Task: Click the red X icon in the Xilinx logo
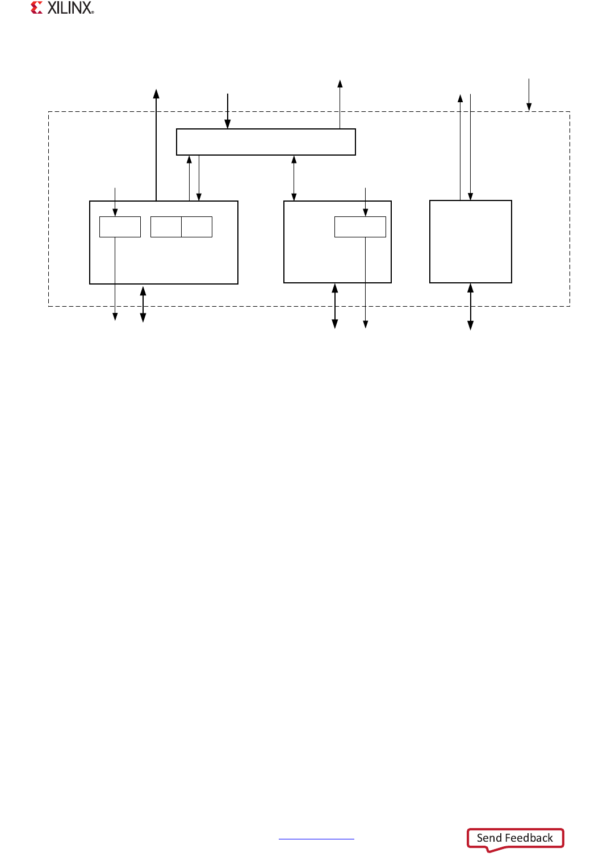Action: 37,8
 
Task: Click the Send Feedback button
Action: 514,838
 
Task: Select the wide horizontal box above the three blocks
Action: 266,142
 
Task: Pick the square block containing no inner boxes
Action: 471,241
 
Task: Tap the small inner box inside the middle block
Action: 360,227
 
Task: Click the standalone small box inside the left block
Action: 120,227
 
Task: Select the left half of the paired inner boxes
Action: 166,227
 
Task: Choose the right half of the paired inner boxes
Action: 197,227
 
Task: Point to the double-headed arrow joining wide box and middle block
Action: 294,178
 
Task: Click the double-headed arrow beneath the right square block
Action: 470,307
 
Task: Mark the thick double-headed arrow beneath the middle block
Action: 335,306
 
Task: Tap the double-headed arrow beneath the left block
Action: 143,304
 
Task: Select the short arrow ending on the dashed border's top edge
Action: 529,94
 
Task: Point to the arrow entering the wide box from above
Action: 228,111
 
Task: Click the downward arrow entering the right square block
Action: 471,147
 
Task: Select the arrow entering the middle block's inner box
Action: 365,201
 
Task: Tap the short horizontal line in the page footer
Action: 316,839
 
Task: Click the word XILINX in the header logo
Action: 70,8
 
